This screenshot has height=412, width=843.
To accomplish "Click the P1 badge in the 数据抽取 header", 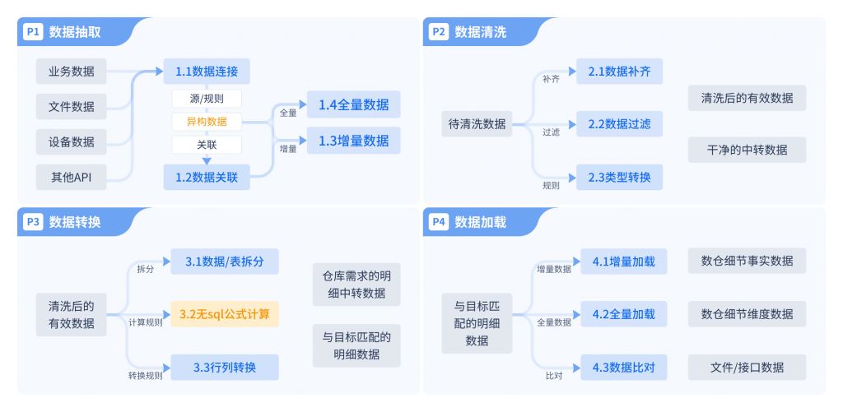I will [x=33, y=32].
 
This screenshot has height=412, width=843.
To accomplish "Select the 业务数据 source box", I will [x=71, y=71].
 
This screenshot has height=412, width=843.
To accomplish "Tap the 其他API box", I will [x=71, y=176].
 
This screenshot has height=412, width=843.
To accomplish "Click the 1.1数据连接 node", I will [x=207, y=72].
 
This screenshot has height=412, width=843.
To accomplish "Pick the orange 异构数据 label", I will [x=207, y=122].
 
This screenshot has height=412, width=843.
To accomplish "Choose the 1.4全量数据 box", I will [x=354, y=104].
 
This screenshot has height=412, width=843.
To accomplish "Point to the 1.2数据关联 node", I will [x=207, y=176].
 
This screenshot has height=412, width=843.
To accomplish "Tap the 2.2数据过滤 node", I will [x=619, y=124].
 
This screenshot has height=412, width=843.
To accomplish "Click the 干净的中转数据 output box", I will [x=747, y=150].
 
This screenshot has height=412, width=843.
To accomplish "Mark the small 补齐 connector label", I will [x=551, y=79].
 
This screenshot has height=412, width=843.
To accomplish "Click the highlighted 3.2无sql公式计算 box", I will [x=225, y=314].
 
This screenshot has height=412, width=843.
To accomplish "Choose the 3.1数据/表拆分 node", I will [x=225, y=262].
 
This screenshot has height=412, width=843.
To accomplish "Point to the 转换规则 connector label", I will [x=145, y=375].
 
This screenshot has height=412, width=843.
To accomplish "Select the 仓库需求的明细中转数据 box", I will [x=356, y=285].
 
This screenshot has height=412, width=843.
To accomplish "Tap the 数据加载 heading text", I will [x=480, y=222].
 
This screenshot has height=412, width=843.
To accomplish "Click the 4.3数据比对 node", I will [x=623, y=367].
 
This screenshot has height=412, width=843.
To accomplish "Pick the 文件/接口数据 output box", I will [x=747, y=367].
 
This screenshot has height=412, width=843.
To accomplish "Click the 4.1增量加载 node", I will [x=623, y=262].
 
